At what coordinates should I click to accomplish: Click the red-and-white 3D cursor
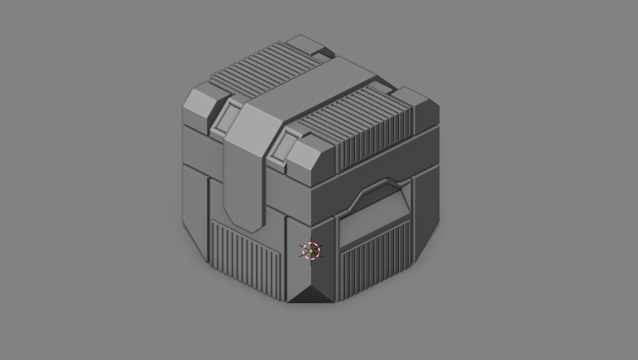pyautogui.click(x=310, y=251)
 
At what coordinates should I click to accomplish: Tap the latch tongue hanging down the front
pyautogui.click(x=242, y=184)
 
